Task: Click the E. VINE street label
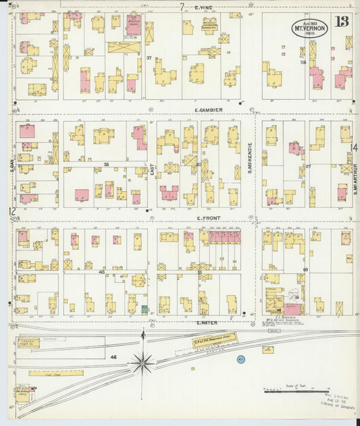(x=203, y=7)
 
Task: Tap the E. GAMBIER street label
(x=208, y=109)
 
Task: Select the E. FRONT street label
(x=206, y=217)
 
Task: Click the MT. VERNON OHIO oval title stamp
(x=309, y=28)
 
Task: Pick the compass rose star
(x=143, y=363)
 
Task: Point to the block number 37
(x=149, y=59)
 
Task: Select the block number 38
(x=106, y=164)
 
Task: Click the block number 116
(x=304, y=62)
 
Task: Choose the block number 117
(x=307, y=166)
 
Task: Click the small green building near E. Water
(x=145, y=309)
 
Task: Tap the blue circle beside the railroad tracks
(x=240, y=359)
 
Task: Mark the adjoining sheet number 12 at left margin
(x=11, y=211)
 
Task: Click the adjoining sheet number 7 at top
(x=182, y=7)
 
